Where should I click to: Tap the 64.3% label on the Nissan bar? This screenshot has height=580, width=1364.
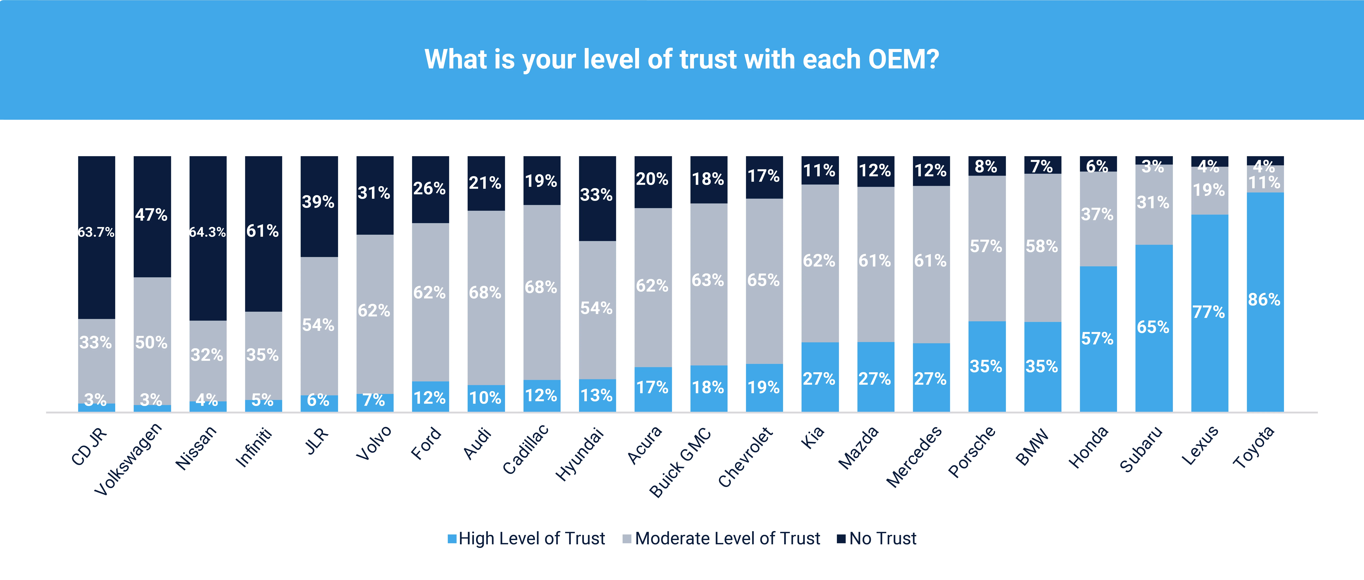[208, 232]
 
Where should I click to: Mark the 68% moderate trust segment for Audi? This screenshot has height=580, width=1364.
[486, 292]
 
